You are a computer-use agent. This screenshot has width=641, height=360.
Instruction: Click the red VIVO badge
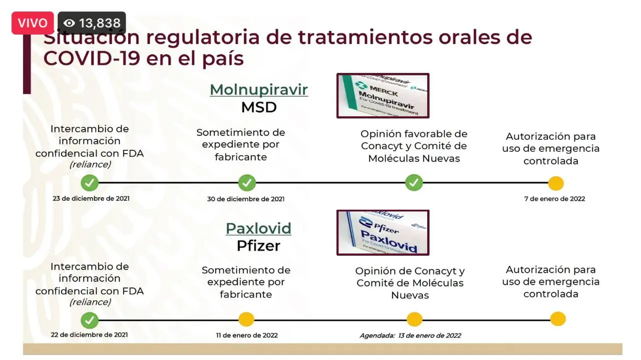(x=33, y=23)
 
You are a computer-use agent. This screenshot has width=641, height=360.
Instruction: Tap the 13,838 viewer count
(x=92, y=23)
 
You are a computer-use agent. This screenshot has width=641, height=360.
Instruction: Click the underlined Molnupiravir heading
(x=259, y=90)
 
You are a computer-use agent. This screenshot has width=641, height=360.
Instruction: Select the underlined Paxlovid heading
(x=258, y=228)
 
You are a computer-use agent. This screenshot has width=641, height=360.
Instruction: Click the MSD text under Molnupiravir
(x=259, y=108)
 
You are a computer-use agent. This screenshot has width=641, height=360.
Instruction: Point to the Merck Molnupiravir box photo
(x=383, y=96)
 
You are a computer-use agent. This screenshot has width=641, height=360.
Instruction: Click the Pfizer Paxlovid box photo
(x=383, y=232)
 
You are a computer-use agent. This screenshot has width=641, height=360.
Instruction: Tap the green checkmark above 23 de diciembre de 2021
(x=90, y=183)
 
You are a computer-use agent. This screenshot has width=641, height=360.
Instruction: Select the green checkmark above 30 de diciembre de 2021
(x=247, y=183)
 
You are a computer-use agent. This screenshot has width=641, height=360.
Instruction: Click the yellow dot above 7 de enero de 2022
(x=556, y=183)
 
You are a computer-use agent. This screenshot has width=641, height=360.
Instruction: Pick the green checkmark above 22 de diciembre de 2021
(x=90, y=320)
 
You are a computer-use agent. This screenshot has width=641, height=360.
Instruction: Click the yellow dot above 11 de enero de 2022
(x=246, y=319)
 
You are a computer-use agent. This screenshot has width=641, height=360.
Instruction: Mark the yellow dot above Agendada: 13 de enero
(x=414, y=319)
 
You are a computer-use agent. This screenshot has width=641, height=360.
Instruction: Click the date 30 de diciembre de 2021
(x=246, y=199)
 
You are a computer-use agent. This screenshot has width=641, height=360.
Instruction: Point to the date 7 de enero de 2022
(x=554, y=199)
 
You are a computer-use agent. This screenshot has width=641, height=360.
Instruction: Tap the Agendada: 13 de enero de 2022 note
(x=410, y=335)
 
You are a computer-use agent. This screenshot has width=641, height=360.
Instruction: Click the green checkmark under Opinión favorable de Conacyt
(x=414, y=183)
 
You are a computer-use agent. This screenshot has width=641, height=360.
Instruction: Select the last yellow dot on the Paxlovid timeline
(x=558, y=319)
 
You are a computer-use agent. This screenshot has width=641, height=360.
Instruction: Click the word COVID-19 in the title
(x=92, y=58)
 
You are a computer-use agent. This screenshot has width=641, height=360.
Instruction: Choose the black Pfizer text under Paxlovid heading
(x=258, y=246)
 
